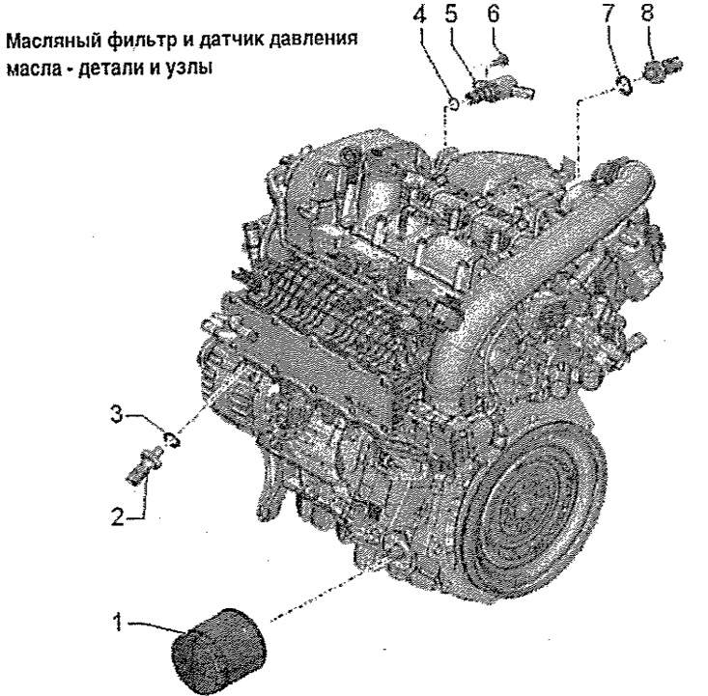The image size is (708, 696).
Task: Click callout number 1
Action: [118, 622]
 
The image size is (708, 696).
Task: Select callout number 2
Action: [118, 516]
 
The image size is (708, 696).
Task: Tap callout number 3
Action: [117, 414]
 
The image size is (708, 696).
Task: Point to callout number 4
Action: [419, 15]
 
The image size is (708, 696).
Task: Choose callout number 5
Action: [451, 14]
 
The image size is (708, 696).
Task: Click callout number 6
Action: [494, 14]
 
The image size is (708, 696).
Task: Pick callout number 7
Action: [609, 14]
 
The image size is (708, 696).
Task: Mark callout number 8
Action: [647, 13]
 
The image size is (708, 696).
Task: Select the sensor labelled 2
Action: [145, 466]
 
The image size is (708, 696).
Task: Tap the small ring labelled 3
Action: [171, 439]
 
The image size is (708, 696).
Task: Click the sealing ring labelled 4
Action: [453, 103]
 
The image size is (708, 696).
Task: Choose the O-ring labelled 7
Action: [625, 84]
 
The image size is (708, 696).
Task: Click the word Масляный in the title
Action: [54, 42]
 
